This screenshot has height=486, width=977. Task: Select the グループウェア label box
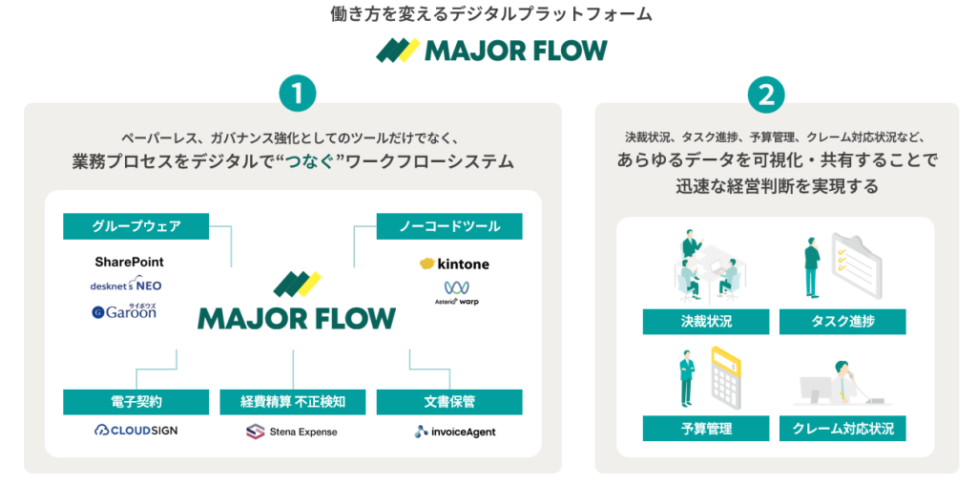pos(136,226)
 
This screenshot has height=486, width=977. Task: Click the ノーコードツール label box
pos(449,226)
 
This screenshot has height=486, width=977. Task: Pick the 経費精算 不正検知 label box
pos(293,402)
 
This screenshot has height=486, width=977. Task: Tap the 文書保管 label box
pos(449,402)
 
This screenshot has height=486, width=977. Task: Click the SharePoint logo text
pos(130,262)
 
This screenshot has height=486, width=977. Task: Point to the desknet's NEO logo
pos(126,285)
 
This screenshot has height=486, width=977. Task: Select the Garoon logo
pos(124,311)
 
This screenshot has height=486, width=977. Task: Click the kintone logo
pos(454,264)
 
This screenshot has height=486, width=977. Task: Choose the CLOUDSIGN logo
pos(136,431)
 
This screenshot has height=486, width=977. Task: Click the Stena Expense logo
pos(291,432)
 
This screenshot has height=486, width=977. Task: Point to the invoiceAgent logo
pos(455,432)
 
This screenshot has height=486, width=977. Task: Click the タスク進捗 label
pos(842,322)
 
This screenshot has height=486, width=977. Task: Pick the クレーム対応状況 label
pos(842,429)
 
